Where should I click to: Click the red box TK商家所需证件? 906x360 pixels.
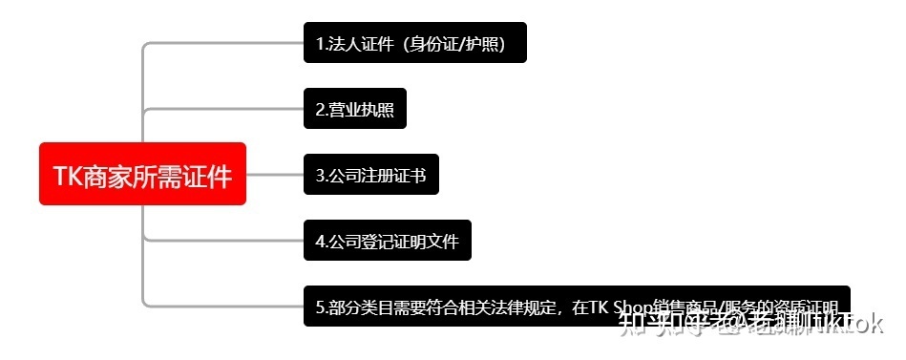[142, 174]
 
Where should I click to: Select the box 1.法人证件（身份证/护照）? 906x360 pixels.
[414, 43]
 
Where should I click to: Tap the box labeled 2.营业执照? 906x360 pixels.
[355, 109]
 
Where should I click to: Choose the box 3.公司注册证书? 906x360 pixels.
[370, 175]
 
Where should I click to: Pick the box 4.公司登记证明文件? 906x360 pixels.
[387, 240]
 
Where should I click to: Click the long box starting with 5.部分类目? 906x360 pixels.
[576, 307]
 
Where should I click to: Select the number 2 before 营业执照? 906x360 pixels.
[320, 110]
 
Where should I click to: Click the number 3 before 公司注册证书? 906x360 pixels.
[320, 176]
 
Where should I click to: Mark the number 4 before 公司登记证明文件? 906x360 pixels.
[320, 241]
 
